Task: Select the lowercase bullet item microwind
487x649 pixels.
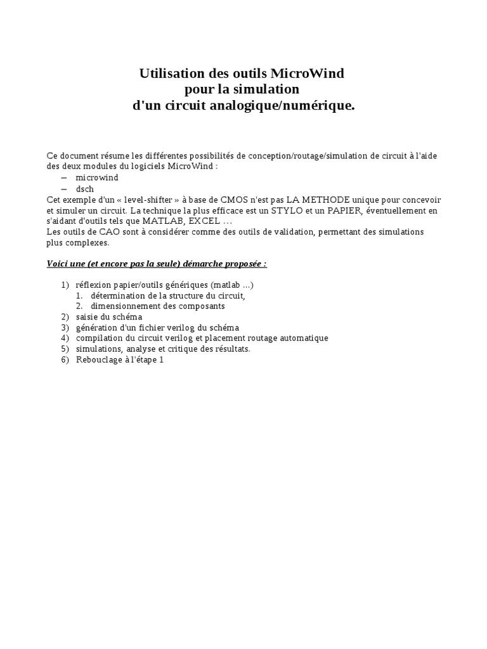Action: (x=97, y=177)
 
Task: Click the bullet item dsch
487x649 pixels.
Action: (x=85, y=188)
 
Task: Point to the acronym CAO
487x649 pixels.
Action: (x=105, y=232)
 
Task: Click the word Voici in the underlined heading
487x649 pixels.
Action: (x=59, y=263)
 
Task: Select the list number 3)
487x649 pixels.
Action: (x=65, y=327)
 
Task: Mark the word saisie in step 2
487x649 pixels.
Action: (x=87, y=316)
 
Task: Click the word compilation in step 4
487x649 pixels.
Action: (x=98, y=338)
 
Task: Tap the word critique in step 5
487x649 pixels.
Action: (x=183, y=349)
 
